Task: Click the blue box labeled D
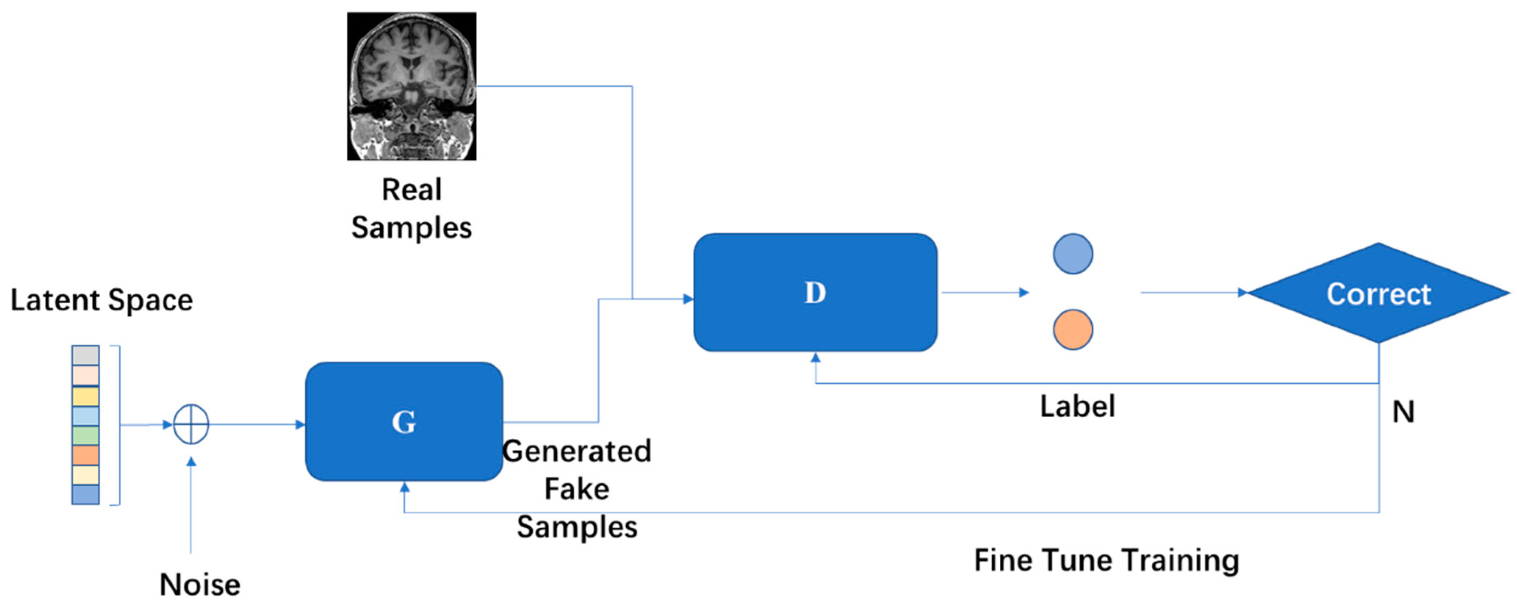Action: pyautogui.click(x=815, y=292)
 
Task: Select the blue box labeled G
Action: pyautogui.click(x=404, y=422)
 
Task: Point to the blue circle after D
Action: pyautogui.click(x=1073, y=254)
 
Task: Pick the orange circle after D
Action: pyautogui.click(x=1073, y=330)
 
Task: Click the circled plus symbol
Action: pyautogui.click(x=191, y=424)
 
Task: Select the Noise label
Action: pyautogui.click(x=200, y=585)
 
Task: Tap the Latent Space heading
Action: pyautogui.click(x=101, y=301)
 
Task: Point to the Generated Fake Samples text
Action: pyautogui.click(x=576, y=489)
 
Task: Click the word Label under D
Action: pyautogui.click(x=1077, y=407)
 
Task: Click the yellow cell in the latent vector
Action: pyautogui.click(x=85, y=396)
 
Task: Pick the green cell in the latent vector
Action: pyautogui.click(x=85, y=435)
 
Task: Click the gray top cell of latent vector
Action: pyautogui.click(x=85, y=355)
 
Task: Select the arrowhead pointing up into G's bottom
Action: pyautogui.click(x=405, y=487)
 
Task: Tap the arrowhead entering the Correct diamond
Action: pyautogui.click(x=1242, y=292)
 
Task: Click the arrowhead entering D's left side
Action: pyautogui.click(x=688, y=299)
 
